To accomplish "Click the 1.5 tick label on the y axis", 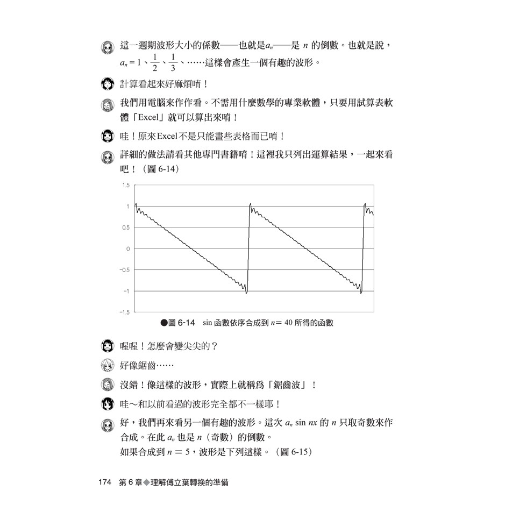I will [x=126, y=185].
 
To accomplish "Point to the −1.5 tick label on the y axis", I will [x=124, y=312].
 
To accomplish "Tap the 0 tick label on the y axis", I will [x=128, y=248].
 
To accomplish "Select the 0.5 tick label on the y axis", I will [x=126, y=227].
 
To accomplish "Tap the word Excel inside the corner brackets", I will [x=139, y=117].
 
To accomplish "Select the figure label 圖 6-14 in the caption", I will [x=181, y=323].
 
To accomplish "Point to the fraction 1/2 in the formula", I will [x=154, y=63].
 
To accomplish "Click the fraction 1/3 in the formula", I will [x=173, y=63].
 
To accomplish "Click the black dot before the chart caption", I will [x=164, y=323].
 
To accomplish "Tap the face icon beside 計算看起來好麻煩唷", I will [x=108, y=84].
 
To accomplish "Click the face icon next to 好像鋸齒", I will [x=108, y=366].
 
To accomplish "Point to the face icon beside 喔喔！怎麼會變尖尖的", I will [x=108, y=346].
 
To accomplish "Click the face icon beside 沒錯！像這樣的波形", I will [x=108, y=385].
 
